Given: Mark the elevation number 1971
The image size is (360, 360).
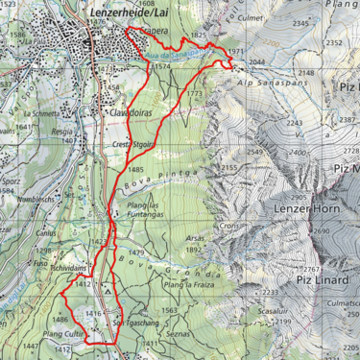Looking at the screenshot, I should pos(238,51).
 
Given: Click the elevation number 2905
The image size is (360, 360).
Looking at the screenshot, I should pos(298,197).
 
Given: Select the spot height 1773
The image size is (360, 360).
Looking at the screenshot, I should pos(195,94).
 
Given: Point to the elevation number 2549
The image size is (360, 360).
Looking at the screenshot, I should pos(254,152).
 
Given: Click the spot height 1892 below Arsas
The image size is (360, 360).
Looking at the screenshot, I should pos(193,249).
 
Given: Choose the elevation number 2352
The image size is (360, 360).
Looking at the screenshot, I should pos(334,42).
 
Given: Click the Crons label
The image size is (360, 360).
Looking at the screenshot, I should pos(228,225).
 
